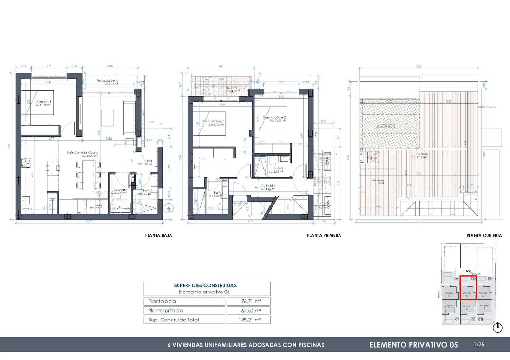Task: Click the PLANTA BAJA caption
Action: pos(158,235)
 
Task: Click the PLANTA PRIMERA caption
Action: pos(324,235)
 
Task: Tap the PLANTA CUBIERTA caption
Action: pos(484,236)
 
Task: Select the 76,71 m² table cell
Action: pos(249,301)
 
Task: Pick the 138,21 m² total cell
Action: pos(249,320)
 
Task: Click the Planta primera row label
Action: pos(166,310)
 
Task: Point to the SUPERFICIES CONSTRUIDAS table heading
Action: pos(205,285)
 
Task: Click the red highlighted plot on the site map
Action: pos(468,288)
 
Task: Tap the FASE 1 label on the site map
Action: pos(469,271)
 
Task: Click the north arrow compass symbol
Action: pos(498,328)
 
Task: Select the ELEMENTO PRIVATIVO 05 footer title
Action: pos(413,345)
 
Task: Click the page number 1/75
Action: pos(479,344)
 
